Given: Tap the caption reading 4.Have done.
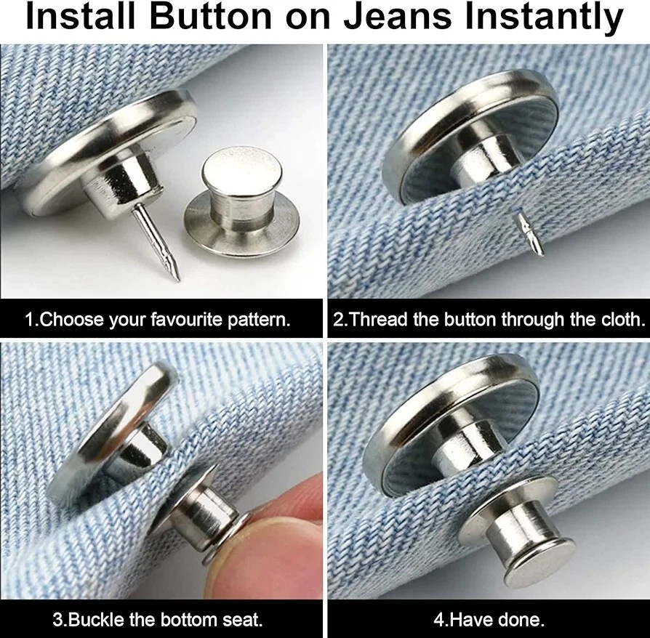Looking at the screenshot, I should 489,621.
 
